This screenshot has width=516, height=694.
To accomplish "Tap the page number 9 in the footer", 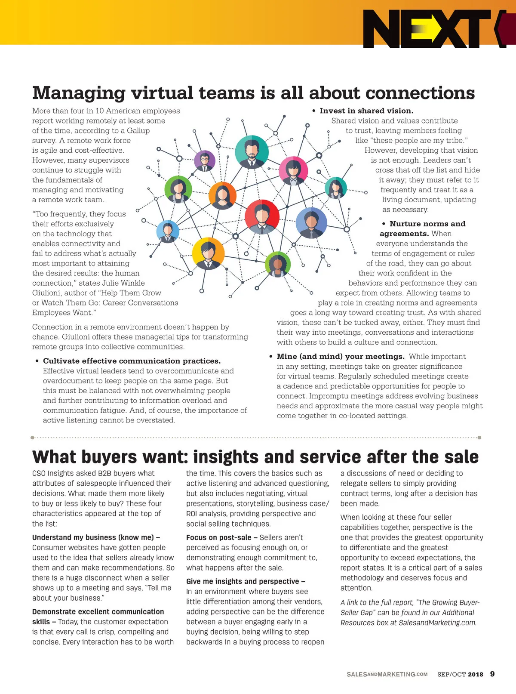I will (492, 674).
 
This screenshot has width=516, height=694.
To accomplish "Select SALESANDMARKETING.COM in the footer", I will (387, 674).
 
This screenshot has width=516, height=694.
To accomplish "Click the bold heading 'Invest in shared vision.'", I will (366, 111).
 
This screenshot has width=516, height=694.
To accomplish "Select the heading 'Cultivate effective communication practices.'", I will (132, 361).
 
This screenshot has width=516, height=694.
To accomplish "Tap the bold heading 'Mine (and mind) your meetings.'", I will (341, 356).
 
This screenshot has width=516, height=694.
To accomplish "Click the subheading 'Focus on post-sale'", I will (219, 537).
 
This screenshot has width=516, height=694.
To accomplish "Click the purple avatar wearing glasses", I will (205, 161).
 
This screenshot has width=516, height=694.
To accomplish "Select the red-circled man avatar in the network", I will (262, 216).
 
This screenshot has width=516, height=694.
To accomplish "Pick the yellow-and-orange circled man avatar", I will (208, 253).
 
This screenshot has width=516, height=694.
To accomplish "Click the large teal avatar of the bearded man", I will (252, 151).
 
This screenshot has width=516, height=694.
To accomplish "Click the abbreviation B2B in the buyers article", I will (104, 473).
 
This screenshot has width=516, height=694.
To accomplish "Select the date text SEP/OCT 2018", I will (460, 674).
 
